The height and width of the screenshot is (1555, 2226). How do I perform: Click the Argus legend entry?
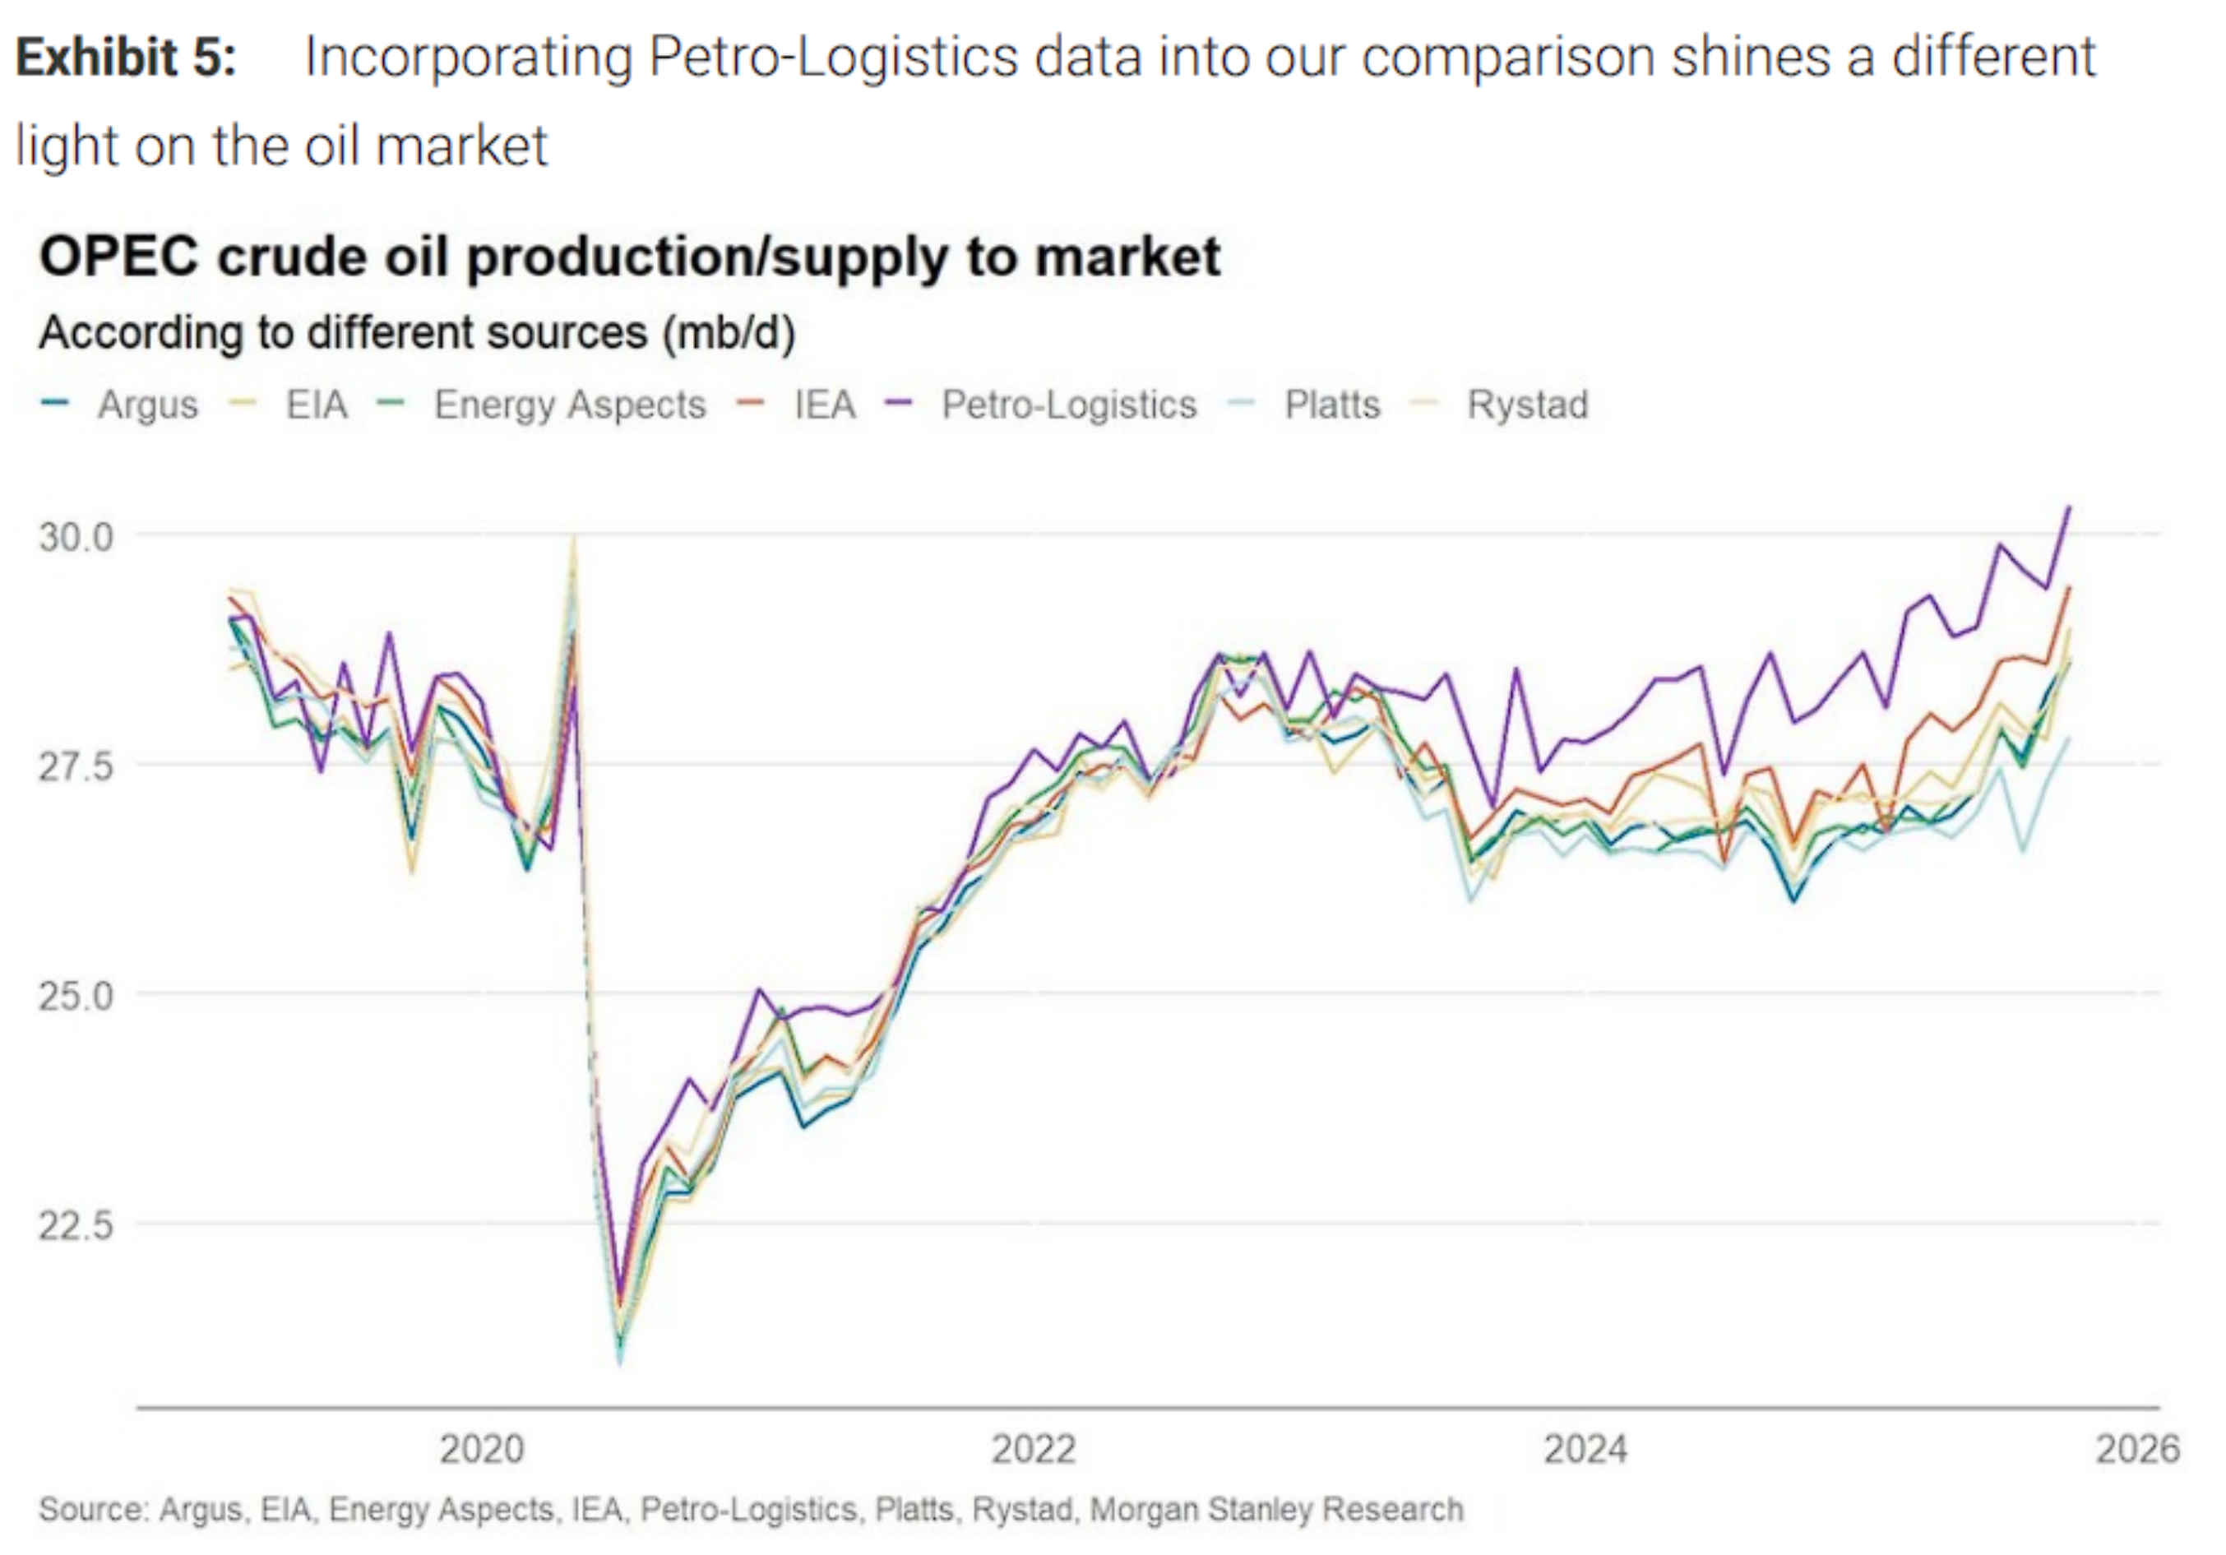147,405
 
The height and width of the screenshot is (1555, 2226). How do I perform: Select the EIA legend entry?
316,405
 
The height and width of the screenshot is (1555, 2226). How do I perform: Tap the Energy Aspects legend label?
569,405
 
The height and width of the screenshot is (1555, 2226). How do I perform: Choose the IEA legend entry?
824,405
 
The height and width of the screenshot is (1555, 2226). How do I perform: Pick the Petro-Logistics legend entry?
1068,405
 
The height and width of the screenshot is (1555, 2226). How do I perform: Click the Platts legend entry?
1331,405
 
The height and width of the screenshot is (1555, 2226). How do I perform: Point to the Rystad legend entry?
1527,405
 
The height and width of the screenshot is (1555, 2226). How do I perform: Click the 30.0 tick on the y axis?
76,536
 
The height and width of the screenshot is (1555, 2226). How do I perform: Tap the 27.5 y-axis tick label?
76,766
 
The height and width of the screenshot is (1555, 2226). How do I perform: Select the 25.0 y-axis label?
76,996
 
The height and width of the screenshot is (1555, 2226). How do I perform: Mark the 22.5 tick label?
76,1225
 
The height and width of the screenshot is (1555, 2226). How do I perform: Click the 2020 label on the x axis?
481,1449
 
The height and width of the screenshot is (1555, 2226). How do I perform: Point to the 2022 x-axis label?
1034,1449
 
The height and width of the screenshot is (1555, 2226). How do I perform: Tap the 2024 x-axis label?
1585,1449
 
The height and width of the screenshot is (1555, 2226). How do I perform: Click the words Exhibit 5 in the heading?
126,56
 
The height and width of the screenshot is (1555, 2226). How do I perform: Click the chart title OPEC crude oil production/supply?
629,257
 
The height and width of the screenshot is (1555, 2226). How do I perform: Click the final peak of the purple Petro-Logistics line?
2069,507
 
